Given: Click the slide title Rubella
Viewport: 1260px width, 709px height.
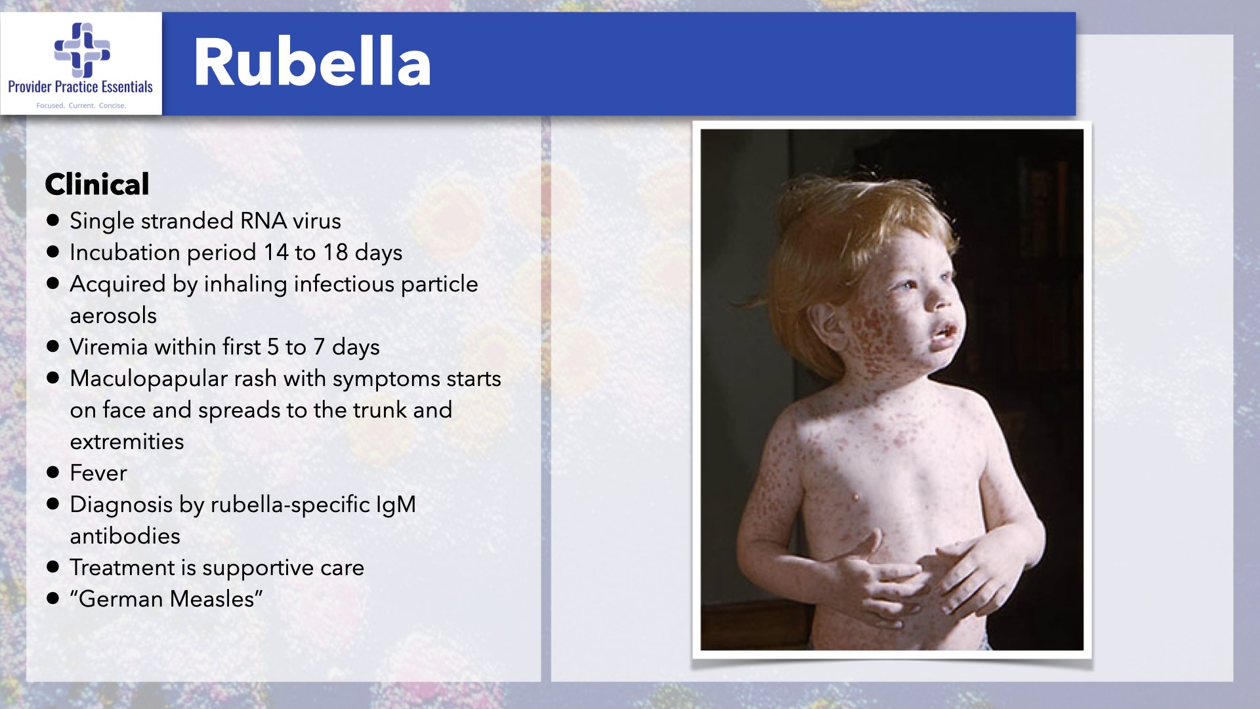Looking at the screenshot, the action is (x=312, y=62).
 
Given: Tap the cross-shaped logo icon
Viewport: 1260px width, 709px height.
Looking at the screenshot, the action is (x=82, y=49).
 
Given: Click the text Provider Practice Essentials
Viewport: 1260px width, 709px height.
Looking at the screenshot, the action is (x=80, y=87).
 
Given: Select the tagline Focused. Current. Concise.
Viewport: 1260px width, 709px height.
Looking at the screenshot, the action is (x=81, y=105).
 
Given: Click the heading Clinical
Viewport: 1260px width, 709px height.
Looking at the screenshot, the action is (x=97, y=184).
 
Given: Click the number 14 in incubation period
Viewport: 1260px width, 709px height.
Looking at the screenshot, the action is (x=276, y=252).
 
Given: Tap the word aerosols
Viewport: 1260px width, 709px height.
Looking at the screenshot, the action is (x=114, y=316).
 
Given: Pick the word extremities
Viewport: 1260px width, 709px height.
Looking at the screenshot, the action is (x=127, y=441).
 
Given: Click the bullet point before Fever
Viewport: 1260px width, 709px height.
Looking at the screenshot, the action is (x=53, y=472).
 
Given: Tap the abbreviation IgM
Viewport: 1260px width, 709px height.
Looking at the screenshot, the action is (x=396, y=504).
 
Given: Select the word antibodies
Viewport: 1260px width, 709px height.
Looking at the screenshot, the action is (x=125, y=536).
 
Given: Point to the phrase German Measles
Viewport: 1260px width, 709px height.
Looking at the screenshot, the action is (x=166, y=599).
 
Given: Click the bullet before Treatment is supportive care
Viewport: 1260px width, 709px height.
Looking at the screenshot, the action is (x=53, y=567).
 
